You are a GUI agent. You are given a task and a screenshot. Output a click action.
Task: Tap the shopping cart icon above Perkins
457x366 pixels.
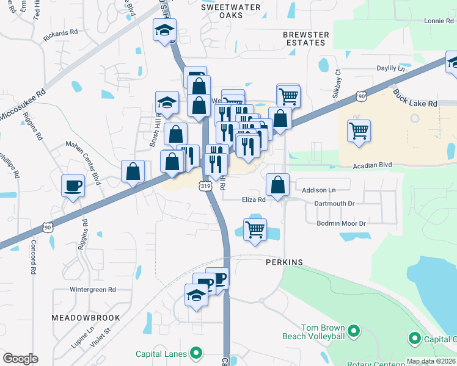255,230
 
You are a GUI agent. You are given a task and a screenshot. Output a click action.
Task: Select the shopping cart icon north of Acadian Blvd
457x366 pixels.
359,130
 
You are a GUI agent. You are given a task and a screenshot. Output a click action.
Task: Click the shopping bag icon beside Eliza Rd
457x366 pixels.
278,185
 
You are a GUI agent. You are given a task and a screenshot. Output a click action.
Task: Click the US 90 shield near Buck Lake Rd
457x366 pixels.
362,96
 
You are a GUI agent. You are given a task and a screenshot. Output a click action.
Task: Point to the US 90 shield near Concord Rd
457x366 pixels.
48,227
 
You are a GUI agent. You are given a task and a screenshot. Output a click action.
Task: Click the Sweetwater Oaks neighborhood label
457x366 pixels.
231,11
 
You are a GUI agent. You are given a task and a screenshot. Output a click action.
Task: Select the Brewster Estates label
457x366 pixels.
305,39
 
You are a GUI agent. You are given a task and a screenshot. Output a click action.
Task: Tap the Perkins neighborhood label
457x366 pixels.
284,262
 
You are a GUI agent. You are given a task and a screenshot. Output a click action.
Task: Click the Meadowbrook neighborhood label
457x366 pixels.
79,318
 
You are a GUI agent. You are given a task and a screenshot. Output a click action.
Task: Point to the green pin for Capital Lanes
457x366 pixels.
196,352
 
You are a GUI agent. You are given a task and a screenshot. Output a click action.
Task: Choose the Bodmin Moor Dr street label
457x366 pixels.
341,223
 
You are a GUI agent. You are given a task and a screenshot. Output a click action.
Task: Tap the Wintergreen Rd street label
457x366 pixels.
92,289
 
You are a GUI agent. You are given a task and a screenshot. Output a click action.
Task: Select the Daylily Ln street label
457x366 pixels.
391,68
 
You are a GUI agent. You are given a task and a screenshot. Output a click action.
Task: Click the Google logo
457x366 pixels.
20,358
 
